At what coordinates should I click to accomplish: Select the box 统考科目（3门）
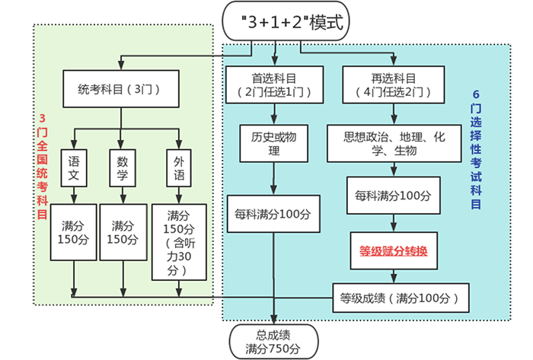point(123,88)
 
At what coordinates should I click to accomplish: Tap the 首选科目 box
point(273,84)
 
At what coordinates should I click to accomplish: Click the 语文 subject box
point(74,168)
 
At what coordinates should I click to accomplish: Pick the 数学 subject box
point(123,168)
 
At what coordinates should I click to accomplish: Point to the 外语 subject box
point(178,168)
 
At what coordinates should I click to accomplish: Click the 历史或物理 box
point(273,143)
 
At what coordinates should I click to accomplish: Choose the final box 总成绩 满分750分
point(273,341)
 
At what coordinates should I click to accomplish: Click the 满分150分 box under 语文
point(74,232)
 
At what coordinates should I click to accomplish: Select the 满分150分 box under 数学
point(123,232)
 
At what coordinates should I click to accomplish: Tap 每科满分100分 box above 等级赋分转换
point(394,196)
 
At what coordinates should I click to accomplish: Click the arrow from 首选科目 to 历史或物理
point(273,112)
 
